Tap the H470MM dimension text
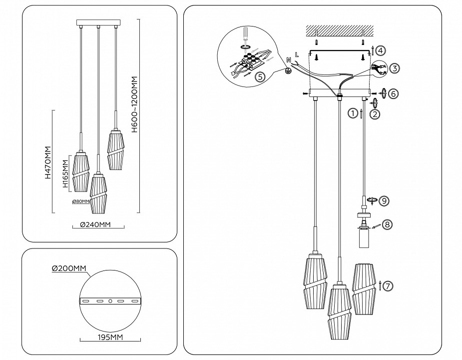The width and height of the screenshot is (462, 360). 48,162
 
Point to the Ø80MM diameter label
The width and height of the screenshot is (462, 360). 80,201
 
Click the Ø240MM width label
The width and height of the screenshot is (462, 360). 95,225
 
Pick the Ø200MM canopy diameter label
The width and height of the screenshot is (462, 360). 69,269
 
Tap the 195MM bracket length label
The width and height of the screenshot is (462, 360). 109,337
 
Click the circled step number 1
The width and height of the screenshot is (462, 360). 353,113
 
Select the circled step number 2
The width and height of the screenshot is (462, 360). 375,114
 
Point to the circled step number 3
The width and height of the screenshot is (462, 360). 395,68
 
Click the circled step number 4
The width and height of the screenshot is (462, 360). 380,50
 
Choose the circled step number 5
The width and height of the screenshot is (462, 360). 259,77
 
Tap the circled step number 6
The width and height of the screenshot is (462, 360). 394,93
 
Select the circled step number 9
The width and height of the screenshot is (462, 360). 384,201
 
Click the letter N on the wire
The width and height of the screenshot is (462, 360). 289,60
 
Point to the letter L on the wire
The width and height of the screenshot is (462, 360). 297,53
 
